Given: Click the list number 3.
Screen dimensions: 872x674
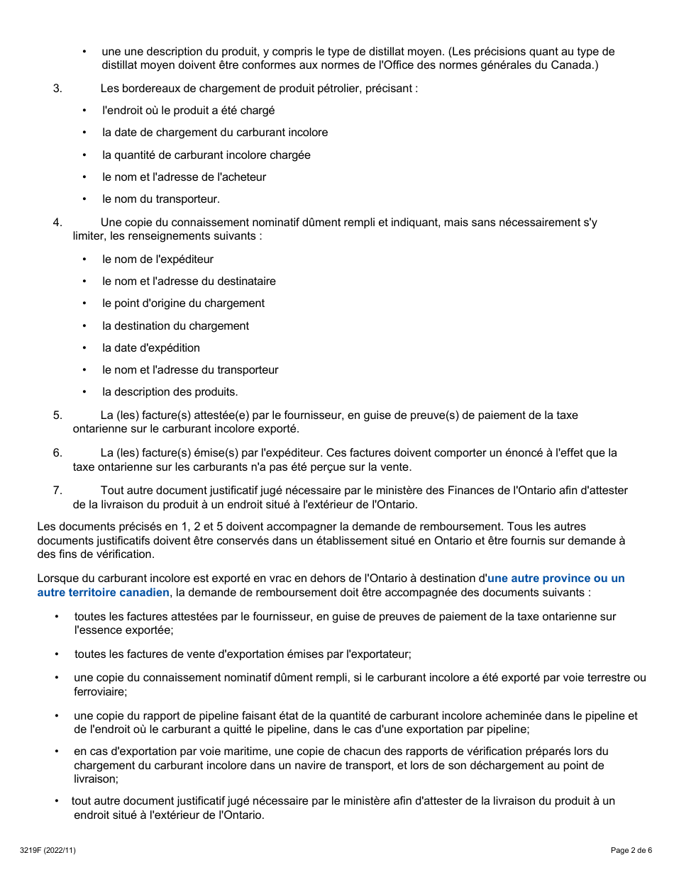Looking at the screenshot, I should pyautogui.click(x=57, y=89).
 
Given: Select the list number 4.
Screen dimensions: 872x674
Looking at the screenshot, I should pyautogui.click(x=57, y=222).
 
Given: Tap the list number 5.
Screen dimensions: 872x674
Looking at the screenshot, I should pyautogui.click(x=57, y=415).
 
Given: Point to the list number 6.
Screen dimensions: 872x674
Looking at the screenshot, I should pyautogui.click(x=57, y=452).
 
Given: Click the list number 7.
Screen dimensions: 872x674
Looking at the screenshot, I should pyautogui.click(x=57, y=490).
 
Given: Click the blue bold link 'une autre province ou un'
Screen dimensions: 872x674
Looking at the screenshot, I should pyautogui.click(x=556, y=578).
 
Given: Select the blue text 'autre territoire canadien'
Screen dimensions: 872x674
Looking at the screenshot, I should pyautogui.click(x=104, y=592).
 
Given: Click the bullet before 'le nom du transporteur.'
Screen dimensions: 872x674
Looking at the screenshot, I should pyautogui.click(x=84, y=199).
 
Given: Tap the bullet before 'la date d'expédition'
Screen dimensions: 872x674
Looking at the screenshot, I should pyautogui.click(x=84, y=348).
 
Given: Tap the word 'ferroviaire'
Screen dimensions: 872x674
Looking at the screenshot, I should pyautogui.click(x=99, y=691).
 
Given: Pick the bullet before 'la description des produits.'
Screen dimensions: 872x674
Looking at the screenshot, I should pyautogui.click(x=84, y=392).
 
